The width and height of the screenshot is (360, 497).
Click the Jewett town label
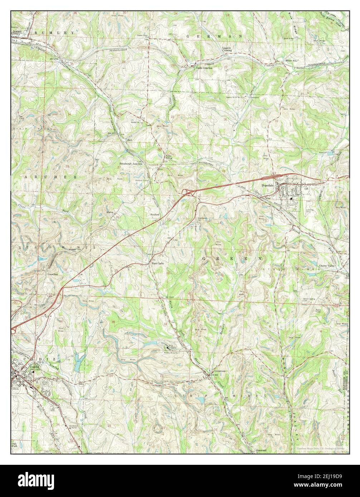(16, 31)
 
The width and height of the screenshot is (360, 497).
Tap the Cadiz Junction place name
(204, 68)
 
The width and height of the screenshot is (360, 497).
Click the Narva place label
(110, 212)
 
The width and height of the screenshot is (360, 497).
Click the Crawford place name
(53, 274)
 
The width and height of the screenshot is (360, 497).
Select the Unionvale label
(220, 371)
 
